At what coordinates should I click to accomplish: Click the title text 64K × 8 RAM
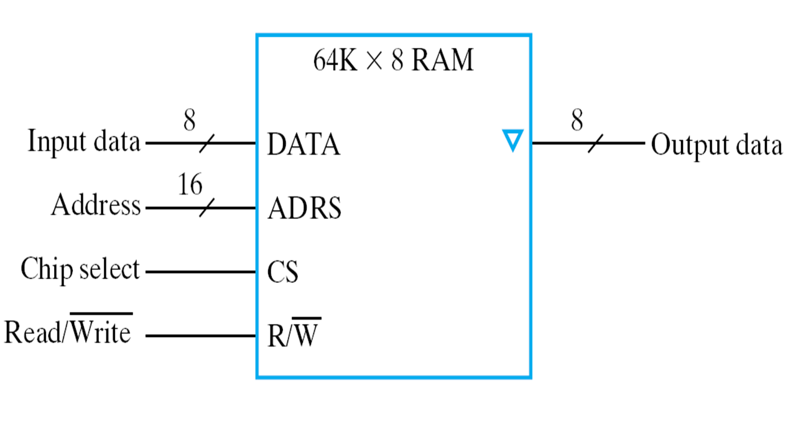(393, 62)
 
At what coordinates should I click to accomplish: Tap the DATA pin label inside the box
(304, 145)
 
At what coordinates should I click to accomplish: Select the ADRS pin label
(304, 209)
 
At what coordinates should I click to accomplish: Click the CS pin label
(282, 272)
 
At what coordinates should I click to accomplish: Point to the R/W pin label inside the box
(294, 336)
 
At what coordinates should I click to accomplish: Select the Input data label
(83, 142)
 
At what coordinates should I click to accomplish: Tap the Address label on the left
(96, 205)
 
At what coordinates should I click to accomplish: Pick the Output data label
(716, 145)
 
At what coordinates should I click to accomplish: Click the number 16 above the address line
(190, 185)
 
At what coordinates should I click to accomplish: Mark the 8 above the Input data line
(189, 121)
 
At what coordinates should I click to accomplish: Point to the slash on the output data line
(595, 144)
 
